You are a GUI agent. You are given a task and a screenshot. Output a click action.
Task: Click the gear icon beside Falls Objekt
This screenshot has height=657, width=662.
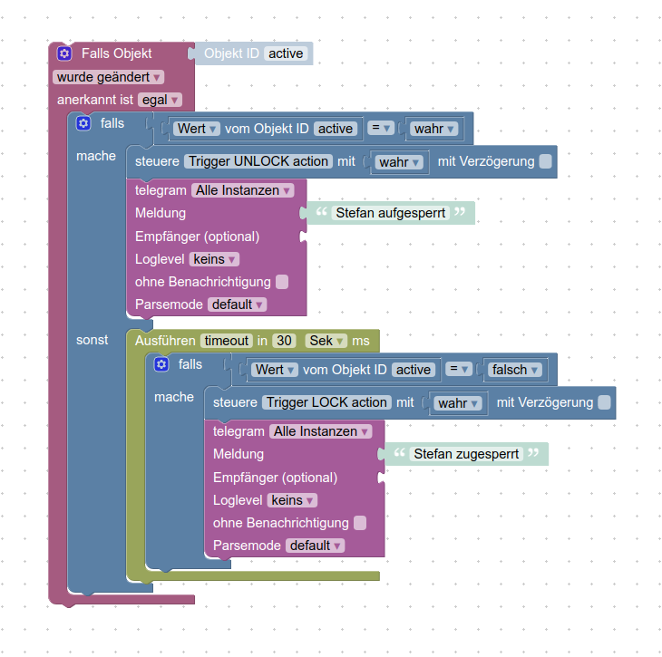64,53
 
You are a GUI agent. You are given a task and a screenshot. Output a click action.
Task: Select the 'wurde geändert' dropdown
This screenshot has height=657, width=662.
109,77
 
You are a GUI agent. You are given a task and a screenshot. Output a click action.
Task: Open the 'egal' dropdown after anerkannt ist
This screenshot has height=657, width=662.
160,100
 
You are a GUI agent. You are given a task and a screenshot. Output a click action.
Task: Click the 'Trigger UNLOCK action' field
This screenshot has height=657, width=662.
258,161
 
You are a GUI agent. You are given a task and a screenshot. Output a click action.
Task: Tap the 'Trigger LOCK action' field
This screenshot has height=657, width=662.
326,402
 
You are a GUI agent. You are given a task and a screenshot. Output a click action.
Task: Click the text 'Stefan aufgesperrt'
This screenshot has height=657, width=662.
390,214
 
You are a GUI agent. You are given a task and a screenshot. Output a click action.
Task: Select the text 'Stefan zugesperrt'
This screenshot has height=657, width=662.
467,454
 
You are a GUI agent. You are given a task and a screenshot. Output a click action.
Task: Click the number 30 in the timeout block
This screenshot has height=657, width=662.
285,341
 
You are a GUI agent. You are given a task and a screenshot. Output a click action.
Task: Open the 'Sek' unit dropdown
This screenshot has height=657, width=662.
326,341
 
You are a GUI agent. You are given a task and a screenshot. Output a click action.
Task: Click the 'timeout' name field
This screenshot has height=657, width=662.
226,341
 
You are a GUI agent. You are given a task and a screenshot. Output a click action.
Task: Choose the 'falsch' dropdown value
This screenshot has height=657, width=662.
514,370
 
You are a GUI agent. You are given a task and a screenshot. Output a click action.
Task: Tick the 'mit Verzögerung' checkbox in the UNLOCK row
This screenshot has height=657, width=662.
545,161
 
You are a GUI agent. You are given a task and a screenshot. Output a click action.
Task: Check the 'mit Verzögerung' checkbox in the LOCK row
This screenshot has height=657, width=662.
605,402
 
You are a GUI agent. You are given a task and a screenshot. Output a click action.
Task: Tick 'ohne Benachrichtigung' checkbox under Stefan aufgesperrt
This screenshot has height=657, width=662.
282,282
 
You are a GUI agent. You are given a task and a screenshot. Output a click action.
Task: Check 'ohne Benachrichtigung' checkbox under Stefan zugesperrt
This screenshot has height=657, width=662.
360,523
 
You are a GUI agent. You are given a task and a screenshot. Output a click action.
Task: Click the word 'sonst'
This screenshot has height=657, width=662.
92,340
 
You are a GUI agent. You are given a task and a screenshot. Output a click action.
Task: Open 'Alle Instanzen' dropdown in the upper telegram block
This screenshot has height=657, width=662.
242,190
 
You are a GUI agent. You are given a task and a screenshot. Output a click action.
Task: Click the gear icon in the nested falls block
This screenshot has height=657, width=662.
161,364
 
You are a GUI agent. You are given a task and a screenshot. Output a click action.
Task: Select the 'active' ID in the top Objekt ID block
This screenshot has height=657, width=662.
286,53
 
